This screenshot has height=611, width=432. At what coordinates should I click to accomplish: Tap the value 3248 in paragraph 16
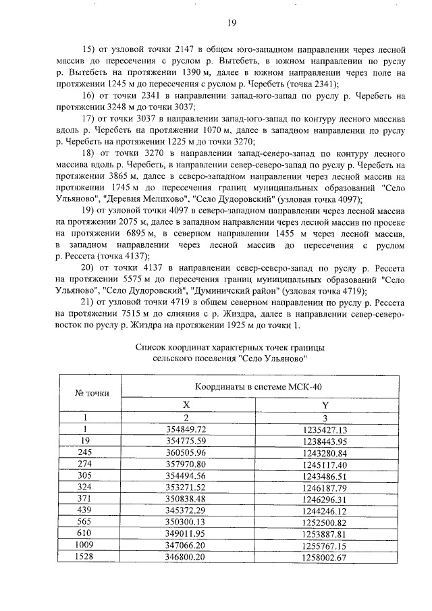click(x=118, y=107)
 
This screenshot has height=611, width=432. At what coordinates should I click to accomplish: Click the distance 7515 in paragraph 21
click(x=119, y=314)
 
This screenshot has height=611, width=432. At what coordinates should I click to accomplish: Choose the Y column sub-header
click(x=324, y=404)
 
